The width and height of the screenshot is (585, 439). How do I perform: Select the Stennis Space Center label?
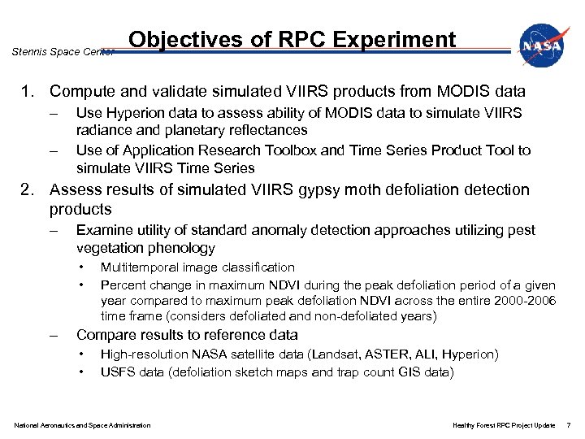click(63, 52)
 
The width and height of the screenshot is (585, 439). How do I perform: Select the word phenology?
click(178, 249)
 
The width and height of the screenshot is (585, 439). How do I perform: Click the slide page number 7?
click(569, 425)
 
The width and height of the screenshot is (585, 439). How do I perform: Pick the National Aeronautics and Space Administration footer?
click(82, 425)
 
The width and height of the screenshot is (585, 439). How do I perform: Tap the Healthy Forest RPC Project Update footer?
click(504, 425)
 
